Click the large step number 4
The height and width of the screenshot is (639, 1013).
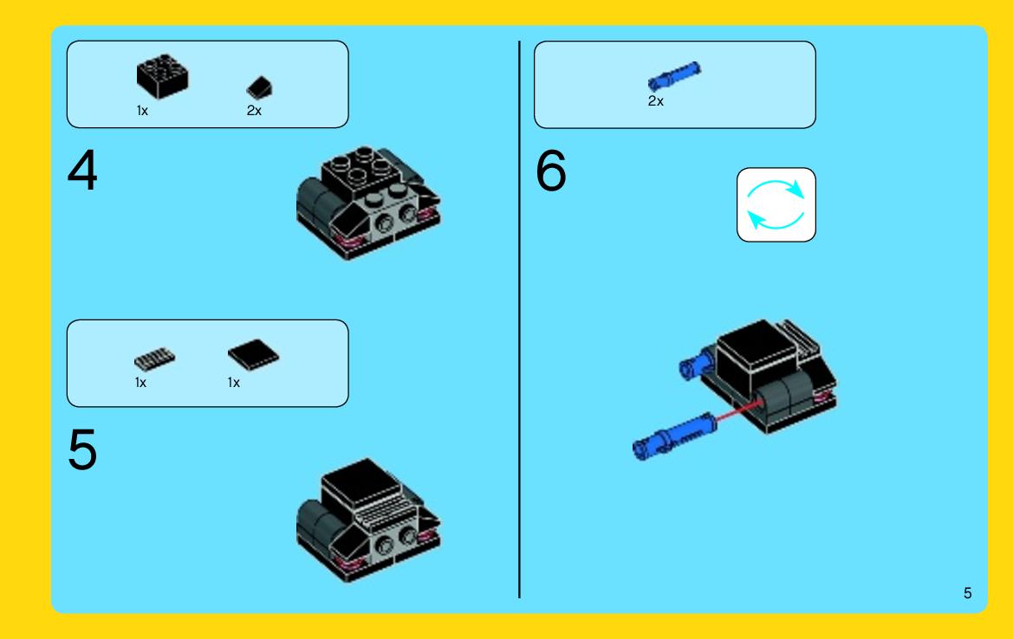click(82, 170)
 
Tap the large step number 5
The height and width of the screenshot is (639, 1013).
click(82, 449)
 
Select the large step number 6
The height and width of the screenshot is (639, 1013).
click(551, 171)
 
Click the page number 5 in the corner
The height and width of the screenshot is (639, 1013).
click(967, 593)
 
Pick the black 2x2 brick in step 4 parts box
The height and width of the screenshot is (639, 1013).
click(162, 76)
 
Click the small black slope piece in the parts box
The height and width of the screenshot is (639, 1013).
click(259, 87)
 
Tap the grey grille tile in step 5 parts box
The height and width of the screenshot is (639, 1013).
click(154, 358)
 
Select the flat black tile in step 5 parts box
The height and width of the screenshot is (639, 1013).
click(253, 354)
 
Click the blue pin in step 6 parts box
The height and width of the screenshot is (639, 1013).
click(674, 76)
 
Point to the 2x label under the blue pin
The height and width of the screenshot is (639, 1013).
click(656, 101)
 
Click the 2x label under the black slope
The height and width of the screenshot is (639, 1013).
click(254, 111)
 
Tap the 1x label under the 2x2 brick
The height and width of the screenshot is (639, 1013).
click(142, 111)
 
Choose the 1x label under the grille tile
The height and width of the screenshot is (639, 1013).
click(141, 383)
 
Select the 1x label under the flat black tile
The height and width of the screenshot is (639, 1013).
click(234, 383)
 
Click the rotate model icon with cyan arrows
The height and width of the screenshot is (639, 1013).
click(776, 204)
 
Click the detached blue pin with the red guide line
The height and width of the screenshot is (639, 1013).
click(674, 436)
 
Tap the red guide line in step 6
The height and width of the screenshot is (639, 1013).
click(737, 411)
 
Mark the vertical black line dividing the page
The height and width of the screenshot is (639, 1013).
click(519, 319)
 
